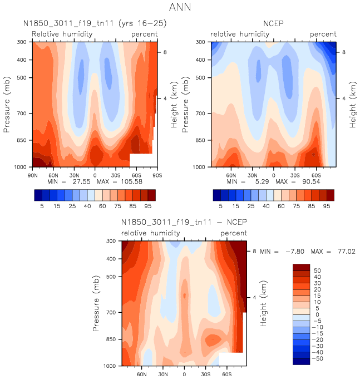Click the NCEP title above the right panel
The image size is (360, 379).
[273, 24]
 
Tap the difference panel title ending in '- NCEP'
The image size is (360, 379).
[184, 222]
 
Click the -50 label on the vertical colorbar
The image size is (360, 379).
[318, 359]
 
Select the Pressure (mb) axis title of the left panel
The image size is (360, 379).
[7, 105]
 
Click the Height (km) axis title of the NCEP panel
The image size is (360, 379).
[352, 105]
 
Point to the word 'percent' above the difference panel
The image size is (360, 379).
[234, 233]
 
